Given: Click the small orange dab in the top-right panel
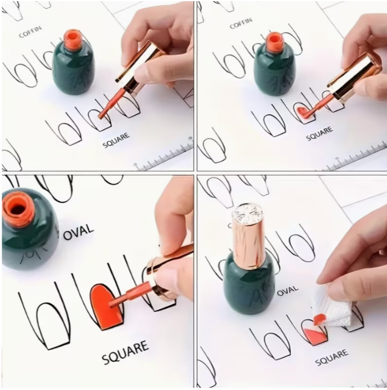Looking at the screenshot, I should tap(303, 113).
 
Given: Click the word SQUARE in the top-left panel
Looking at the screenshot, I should tap(116, 141).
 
